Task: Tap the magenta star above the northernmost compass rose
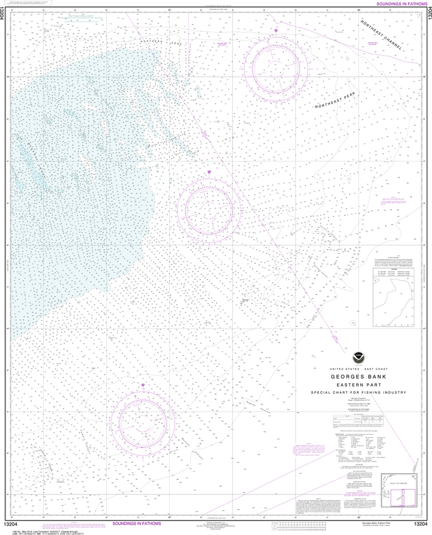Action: coord(276,30)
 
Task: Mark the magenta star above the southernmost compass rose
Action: coord(143,385)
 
